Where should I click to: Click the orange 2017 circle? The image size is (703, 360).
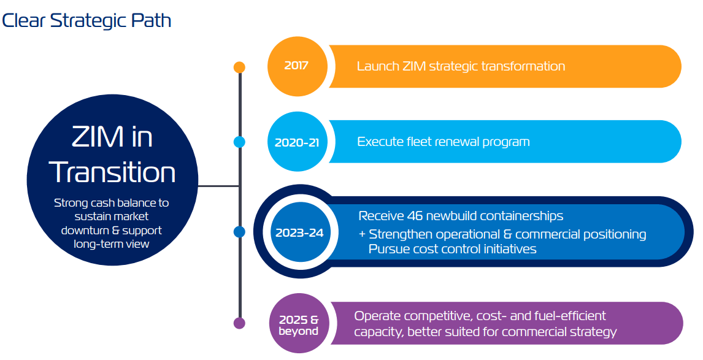coord(298,66)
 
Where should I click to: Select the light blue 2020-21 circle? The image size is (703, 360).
coord(298,142)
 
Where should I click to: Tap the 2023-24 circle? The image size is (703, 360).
coord(300,232)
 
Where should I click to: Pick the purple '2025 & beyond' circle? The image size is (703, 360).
coord(299,324)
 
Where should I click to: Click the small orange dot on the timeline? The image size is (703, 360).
coord(239,67)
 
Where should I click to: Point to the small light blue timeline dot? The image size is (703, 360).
coord(239,142)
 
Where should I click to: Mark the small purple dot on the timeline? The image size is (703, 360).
coord(239,323)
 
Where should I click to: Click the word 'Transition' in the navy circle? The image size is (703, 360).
coord(112,172)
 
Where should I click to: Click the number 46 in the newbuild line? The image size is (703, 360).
coord(415,216)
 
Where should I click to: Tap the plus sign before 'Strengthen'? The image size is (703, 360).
coord(363,234)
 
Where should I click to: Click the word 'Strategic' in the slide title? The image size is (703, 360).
coord(88,21)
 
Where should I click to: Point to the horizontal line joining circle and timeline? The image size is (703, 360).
coord(218,186)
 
